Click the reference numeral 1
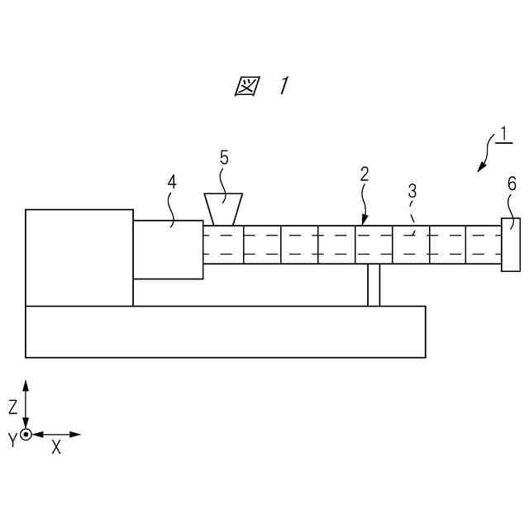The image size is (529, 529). (503, 135)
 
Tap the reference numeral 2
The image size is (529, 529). (365, 175)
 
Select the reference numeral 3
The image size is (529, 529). (412, 192)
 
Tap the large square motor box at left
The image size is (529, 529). (79, 257)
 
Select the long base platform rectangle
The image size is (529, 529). (225, 331)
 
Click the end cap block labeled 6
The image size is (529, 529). (511, 245)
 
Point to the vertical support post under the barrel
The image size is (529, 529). (374, 285)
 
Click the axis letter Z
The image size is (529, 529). (13, 406)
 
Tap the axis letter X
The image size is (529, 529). (56, 447)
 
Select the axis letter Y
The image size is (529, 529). (12, 441)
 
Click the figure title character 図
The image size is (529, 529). (245, 86)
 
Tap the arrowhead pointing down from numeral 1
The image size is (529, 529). (480, 169)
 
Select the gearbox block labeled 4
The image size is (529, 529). (168, 249)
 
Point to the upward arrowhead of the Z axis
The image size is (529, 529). (26, 386)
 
